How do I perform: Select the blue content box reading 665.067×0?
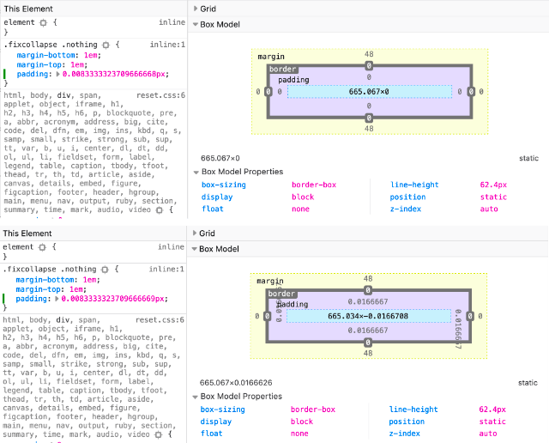(369, 91)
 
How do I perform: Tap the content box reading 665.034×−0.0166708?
(369, 317)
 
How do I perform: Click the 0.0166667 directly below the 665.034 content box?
(369, 331)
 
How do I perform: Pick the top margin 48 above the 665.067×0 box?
(369, 53)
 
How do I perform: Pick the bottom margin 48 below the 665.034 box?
(369, 353)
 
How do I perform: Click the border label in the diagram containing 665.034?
(282, 294)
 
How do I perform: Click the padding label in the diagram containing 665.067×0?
(293, 80)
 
